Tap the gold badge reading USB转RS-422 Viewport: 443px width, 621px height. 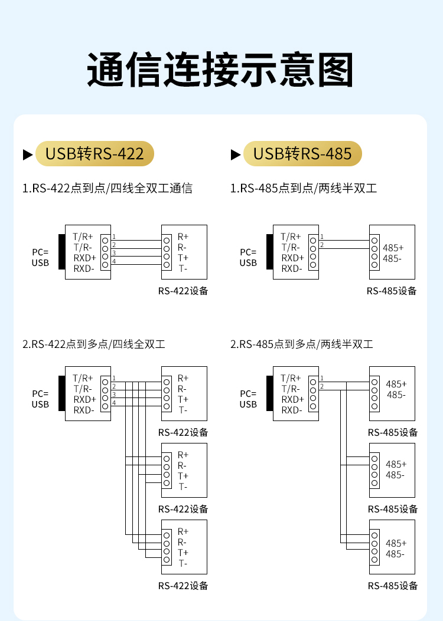point(95,154)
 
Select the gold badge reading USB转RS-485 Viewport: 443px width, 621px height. point(302,154)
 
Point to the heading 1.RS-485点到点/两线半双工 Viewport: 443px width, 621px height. point(304,189)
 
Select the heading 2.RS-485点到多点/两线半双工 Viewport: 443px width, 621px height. point(302,344)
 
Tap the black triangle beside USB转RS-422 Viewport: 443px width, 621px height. point(28,155)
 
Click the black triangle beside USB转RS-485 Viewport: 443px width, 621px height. point(236,155)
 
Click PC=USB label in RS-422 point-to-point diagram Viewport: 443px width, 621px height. point(40,257)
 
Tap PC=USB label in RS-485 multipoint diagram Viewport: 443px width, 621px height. point(248,399)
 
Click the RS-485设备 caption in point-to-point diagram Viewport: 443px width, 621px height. point(392,291)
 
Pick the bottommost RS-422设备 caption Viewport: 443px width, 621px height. point(183,586)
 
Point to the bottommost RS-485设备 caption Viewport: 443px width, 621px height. point(393,586)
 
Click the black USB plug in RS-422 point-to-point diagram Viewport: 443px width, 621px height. point(61,252)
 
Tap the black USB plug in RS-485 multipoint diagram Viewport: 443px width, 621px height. point(269,393)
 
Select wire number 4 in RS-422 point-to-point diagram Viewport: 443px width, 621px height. point(114,261)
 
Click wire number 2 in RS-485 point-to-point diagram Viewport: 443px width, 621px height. point(322,244)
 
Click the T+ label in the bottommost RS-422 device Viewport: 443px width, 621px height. point(183,553)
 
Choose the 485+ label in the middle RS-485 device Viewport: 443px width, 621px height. point(396,464)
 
